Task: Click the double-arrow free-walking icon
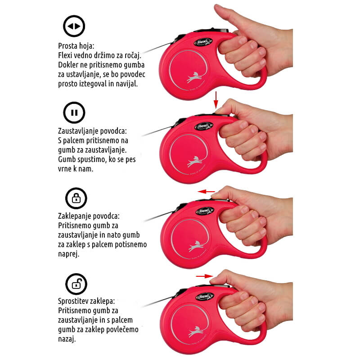point(74,26)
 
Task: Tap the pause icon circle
point(74,112)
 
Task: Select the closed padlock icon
point(76,198)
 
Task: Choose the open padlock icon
point(76,284)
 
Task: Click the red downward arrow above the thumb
point(216,100)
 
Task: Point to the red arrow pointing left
point(207,192)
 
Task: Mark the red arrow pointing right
point(205,276)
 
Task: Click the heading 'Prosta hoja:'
point(76,46)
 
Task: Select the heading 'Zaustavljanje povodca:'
point(92,131)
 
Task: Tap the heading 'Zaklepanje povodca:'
point(89,216)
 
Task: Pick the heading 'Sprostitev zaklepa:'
point(86,301)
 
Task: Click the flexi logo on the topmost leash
point(203,42)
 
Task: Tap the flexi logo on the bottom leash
point(205,297)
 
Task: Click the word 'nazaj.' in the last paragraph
point(67,339)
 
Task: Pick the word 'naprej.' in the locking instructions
point(69,254)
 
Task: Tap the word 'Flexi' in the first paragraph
point(65,55)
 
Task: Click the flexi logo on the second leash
point(204,126)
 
